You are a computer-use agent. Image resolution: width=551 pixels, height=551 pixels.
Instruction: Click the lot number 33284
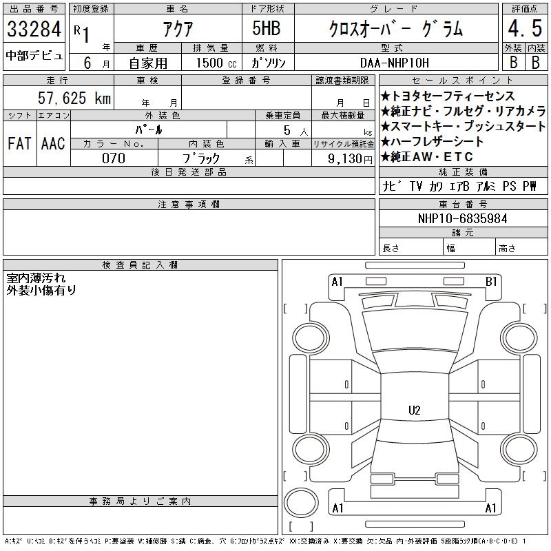click(34, 29)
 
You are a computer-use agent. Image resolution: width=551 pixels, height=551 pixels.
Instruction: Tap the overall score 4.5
click(525, 28)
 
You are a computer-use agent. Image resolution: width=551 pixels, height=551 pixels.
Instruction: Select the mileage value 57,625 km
click(74, 98)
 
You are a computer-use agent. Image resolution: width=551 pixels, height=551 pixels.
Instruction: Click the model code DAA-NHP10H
click(395, 63)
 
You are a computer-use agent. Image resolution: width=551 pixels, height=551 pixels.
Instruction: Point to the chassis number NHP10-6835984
click(462, 218)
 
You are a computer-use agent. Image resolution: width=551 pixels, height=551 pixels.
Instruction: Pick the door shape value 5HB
click(267, 28)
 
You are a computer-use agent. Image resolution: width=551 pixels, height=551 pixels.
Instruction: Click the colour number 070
click(114, 158)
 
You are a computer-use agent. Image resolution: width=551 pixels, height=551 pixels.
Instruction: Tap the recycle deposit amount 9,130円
click(350, 159)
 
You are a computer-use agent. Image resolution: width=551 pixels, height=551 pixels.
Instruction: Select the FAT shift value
click(19, 143)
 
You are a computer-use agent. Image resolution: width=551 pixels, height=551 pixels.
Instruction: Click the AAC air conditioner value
click(53, 143)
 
